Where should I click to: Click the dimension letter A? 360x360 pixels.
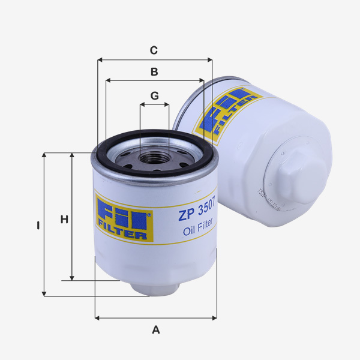[156, 329]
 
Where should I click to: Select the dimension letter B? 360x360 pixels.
[154, 72]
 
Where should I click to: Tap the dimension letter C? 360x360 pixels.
[154, 50]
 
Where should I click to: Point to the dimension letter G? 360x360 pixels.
[154, 96]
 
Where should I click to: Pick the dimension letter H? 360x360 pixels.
[64, 220]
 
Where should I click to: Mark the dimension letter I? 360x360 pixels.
[37, 226]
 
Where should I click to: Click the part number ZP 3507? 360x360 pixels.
[197, 213]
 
